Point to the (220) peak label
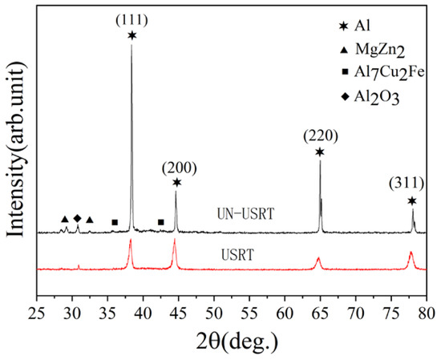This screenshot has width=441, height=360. [319, 136]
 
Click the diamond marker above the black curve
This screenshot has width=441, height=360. [78, 218]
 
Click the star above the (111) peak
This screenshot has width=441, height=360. [131, 35]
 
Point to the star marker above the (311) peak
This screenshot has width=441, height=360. [412, 200]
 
